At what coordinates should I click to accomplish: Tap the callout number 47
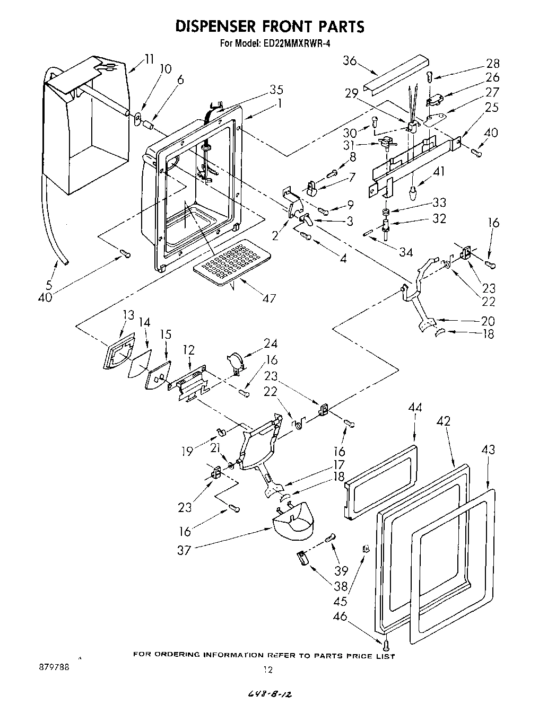269,298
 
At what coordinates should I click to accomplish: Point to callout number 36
350,60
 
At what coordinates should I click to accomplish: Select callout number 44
416,408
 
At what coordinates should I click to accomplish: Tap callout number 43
488,450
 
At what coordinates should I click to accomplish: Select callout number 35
276,89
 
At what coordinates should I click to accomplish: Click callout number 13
128,315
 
